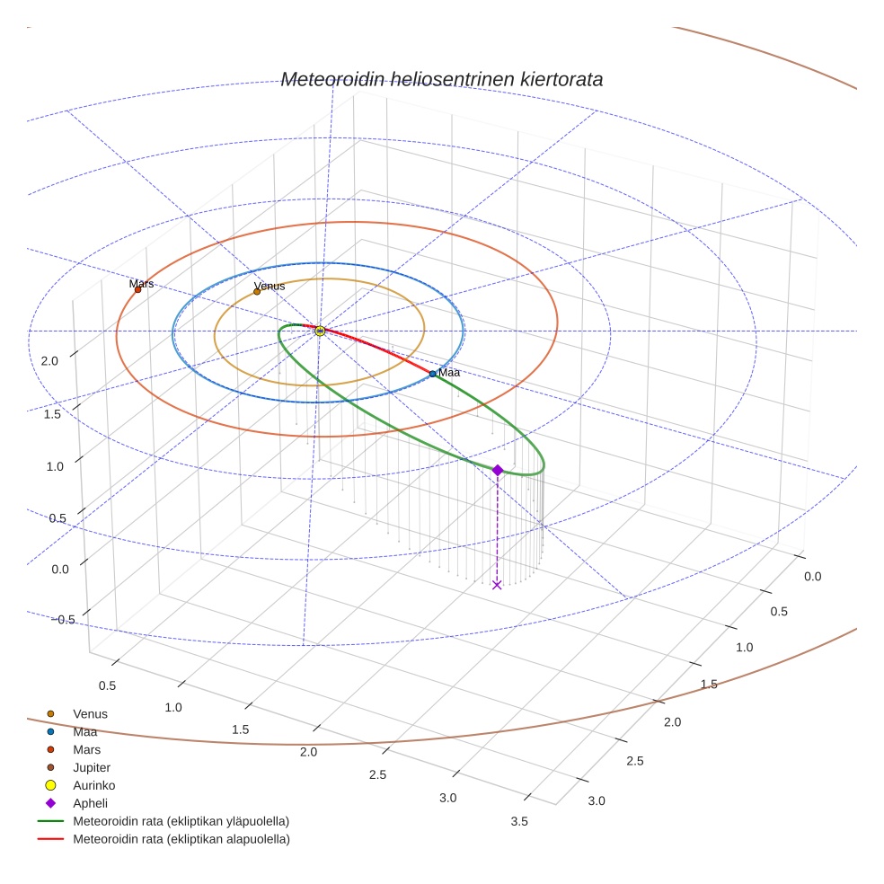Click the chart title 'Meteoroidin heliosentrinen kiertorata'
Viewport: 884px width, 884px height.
(x=441, y=79)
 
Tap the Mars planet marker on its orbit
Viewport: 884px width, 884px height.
(x=137, y=289)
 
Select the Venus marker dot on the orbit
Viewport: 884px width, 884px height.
(x=257, y=291)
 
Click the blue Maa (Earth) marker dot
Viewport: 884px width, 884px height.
(x=432, y=374)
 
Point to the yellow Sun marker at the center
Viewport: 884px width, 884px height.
(x=320, y=331)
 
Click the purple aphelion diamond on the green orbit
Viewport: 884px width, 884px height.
(x=498, y=470)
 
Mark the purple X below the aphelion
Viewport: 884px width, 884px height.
(x=497, y=585)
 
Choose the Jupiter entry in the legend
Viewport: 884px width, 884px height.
(x=91, y=767)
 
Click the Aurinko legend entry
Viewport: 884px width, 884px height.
(x=93, y=785)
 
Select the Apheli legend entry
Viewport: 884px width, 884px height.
(x=90, y=803)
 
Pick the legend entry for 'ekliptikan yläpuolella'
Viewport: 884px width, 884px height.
(x=181, y=821)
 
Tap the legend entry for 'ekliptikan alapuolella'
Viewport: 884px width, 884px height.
(x=181, y=839)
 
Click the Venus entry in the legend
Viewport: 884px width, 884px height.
(x=90, y=713)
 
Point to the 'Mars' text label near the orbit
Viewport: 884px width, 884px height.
(x=141, y=283)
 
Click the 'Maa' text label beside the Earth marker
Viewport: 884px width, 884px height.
(x=449, y=372)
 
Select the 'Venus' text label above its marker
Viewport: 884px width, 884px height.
(x=270, y=286)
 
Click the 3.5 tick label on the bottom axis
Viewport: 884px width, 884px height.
(x=518, y=821)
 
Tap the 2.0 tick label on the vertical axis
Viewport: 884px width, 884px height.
(x=49, y=361)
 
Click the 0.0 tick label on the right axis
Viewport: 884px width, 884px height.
(x=812, y=576)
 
